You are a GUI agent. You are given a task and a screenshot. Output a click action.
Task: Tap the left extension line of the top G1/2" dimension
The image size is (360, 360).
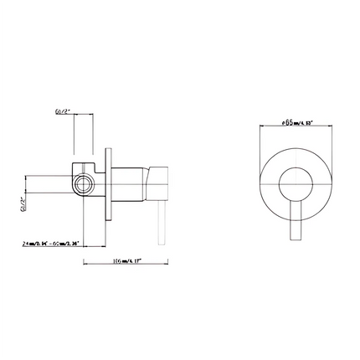click(75, 138)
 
